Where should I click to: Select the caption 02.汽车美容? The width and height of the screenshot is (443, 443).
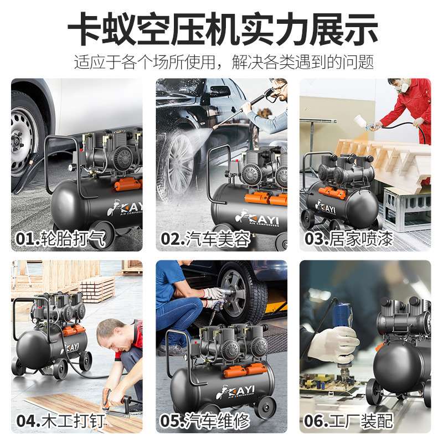coord(205,240)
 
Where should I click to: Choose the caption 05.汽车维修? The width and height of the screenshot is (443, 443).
coord(205,420)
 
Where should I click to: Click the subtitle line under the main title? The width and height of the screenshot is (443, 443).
coord(221,61)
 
